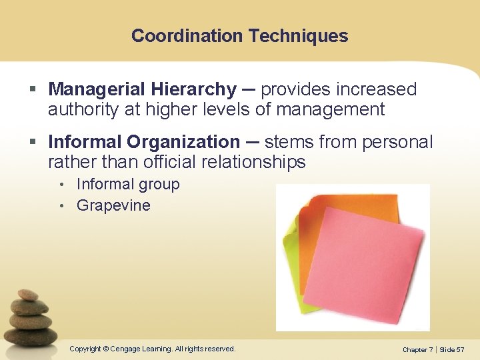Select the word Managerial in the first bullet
pos(94,89)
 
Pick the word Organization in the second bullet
pos(183,142)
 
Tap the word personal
pos(400,142)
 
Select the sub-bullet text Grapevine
pos(113,205)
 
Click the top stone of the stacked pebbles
pos(27,295)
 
